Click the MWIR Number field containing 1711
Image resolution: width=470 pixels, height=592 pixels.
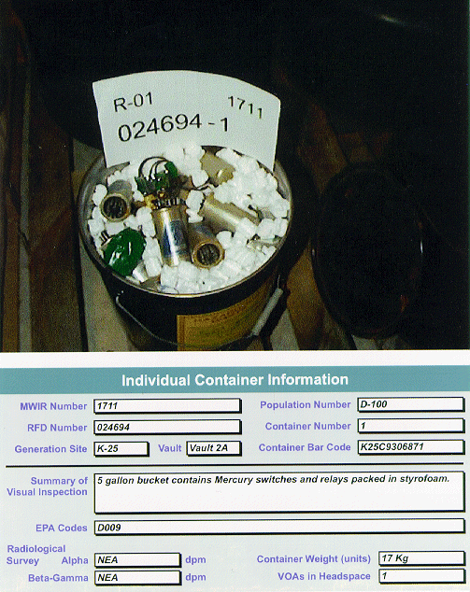pos(167,406)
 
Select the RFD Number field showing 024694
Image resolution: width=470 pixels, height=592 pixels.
pos(167,427)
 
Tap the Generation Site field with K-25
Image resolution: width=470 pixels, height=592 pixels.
pos(121,448)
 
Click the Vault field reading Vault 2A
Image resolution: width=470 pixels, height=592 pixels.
pos(214,448)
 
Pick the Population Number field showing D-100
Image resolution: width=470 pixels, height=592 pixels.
pos(410,404)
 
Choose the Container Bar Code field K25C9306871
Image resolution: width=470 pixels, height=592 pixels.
pos(410,447)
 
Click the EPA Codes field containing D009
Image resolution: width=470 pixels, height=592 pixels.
pos(279,527)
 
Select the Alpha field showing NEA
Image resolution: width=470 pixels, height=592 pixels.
pos(137,560)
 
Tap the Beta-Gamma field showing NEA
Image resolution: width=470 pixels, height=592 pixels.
pos(137,577)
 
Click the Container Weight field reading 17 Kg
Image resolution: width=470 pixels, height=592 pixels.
pos(421,558)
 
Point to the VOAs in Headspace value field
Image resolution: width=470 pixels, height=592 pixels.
pos(421,576)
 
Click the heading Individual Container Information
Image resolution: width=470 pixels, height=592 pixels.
pos(235,380)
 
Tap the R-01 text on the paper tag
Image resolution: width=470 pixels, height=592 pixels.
pos(134,102)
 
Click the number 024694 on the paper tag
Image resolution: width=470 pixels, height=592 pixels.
pos(160,128)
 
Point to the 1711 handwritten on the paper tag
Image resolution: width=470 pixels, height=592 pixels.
pos(245,106)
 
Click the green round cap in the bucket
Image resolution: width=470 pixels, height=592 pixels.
pos(124,251)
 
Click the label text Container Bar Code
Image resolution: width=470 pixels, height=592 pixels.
pos(305,447)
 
